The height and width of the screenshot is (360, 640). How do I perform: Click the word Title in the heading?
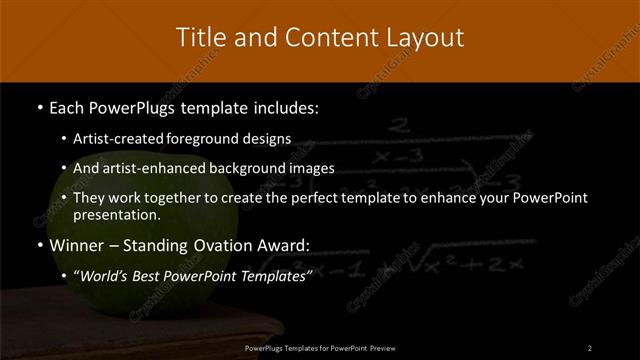pyautogui.click(x=201, y=38)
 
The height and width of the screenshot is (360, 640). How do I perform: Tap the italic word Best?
pyautogui.click(x=155, y=275)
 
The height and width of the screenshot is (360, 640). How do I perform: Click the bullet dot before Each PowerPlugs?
pyautogui.click(x=38, y=106)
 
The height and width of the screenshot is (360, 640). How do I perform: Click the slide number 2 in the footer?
pyautogui.click(x=590, y=348)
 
